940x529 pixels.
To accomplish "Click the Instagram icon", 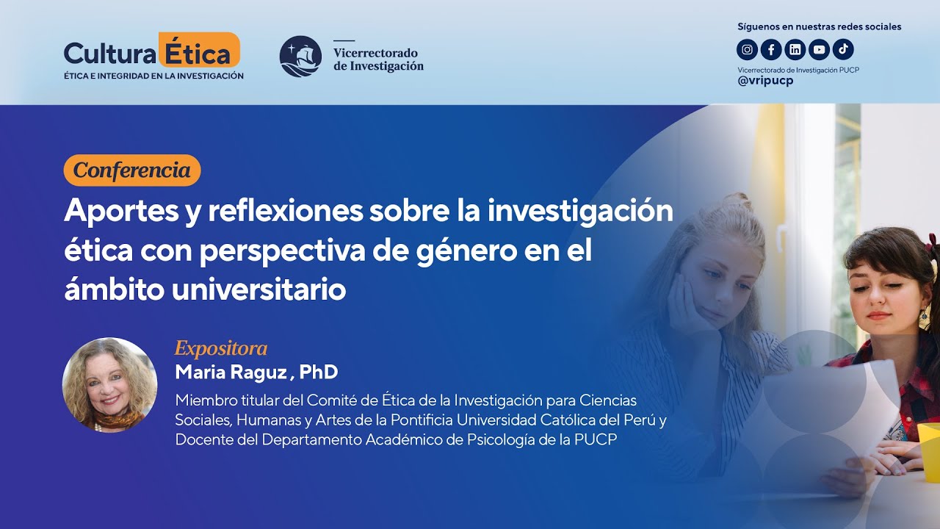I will [x=747, y=50].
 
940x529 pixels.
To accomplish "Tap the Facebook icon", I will [x=770, y=50].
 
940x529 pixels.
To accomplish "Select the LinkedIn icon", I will [x=795, y=50].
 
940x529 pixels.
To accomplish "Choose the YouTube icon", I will [x=819, y=50].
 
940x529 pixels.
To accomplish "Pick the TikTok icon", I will [x=843, y=49].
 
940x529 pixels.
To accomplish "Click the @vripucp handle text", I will [x=765, y=81].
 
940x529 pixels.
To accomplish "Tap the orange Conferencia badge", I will [x=132, y=170].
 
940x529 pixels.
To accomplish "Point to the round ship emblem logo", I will [x=300, y=57].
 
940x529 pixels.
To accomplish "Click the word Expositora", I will [x=220, y=348].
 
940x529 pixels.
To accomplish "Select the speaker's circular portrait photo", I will [x=110, y=385].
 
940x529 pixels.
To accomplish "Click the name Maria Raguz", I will [x=231, y=372].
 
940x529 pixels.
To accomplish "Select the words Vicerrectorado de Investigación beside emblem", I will [x=378, y=59].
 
